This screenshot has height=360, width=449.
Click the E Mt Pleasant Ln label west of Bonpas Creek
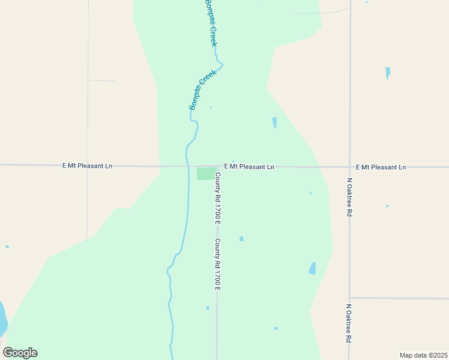(87, 166)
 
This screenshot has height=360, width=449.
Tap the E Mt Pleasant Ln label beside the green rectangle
(249, 166)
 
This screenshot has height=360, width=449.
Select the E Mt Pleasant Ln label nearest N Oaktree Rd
(381, 167)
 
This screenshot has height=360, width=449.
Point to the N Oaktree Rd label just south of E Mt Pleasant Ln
(349, 197)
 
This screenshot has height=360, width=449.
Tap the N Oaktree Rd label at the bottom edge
(349, 323)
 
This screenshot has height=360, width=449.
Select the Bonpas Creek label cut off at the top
(211, 22)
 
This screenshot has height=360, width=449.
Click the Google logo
(20, 353)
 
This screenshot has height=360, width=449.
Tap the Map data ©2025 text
(423, 355)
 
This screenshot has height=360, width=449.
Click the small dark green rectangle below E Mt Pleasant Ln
(205, 173)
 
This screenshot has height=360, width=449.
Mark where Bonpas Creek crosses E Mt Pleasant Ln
(187, 166)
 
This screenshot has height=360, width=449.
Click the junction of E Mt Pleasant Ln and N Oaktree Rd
(350, 167)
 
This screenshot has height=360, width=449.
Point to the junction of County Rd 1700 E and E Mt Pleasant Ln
(217, 166)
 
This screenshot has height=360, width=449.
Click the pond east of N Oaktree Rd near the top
(388, 73)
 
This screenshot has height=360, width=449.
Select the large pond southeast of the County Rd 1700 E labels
(312, 268)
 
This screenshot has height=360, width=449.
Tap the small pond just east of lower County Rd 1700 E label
(241, 239)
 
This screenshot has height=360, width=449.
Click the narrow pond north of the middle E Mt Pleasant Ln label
(274, 122)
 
